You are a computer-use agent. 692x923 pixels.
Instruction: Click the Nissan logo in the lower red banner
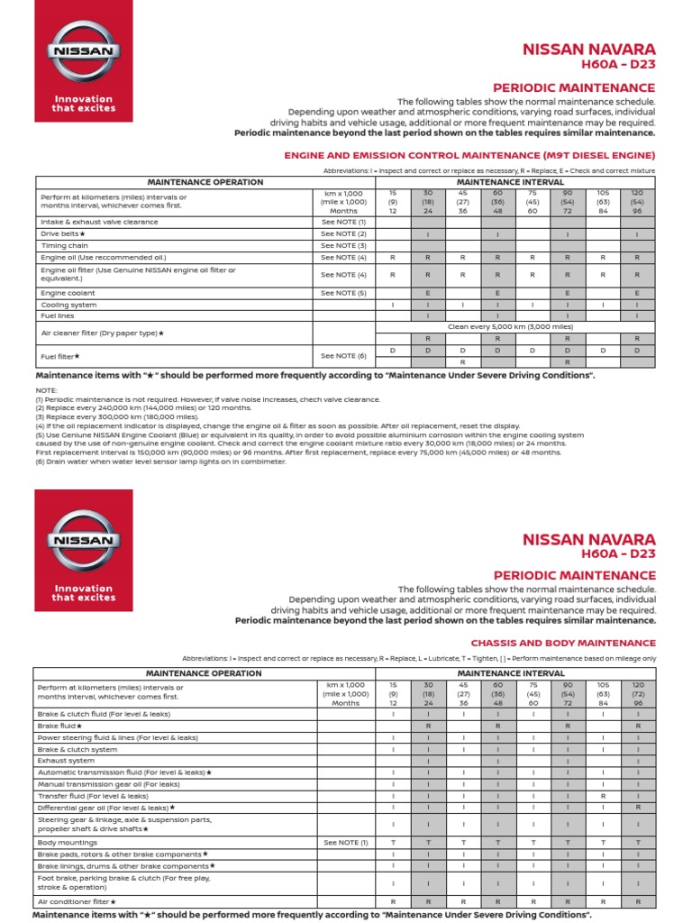(x=83, y=541)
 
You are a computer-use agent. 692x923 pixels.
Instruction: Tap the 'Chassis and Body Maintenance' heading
(x=563, y=643)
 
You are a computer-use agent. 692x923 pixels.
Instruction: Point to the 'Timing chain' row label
(x=64, y=245)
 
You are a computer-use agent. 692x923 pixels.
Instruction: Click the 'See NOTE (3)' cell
(x=344, y=245)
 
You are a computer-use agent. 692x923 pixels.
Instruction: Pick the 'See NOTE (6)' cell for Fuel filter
(x=344, y=356)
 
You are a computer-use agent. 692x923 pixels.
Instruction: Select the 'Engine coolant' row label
(x=68, y=293)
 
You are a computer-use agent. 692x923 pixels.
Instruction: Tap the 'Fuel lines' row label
(x=57, y=316)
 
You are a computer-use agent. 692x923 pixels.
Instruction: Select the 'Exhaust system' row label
(x=66, y=761)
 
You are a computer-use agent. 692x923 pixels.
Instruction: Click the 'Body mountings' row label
(x=68, y=843)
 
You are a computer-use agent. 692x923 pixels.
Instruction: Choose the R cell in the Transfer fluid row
(x=603, y=796)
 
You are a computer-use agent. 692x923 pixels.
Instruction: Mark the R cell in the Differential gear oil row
(x=638, y=808)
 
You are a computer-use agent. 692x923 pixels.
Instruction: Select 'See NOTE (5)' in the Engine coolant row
(x=344, y=293)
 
